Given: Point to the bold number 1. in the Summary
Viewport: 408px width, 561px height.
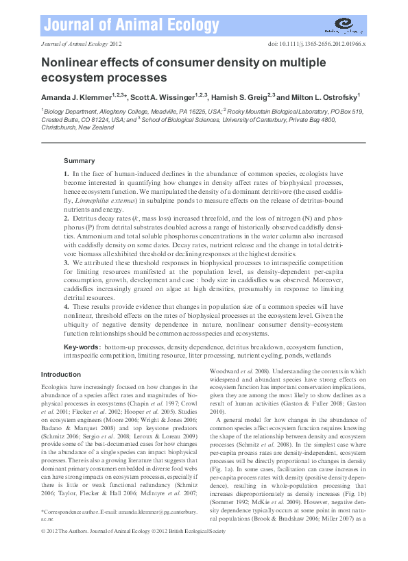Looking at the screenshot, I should (67, 175).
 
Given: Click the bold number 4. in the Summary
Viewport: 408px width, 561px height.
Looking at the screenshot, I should (67, 308).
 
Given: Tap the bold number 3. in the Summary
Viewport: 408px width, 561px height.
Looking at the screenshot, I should (67, 263).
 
